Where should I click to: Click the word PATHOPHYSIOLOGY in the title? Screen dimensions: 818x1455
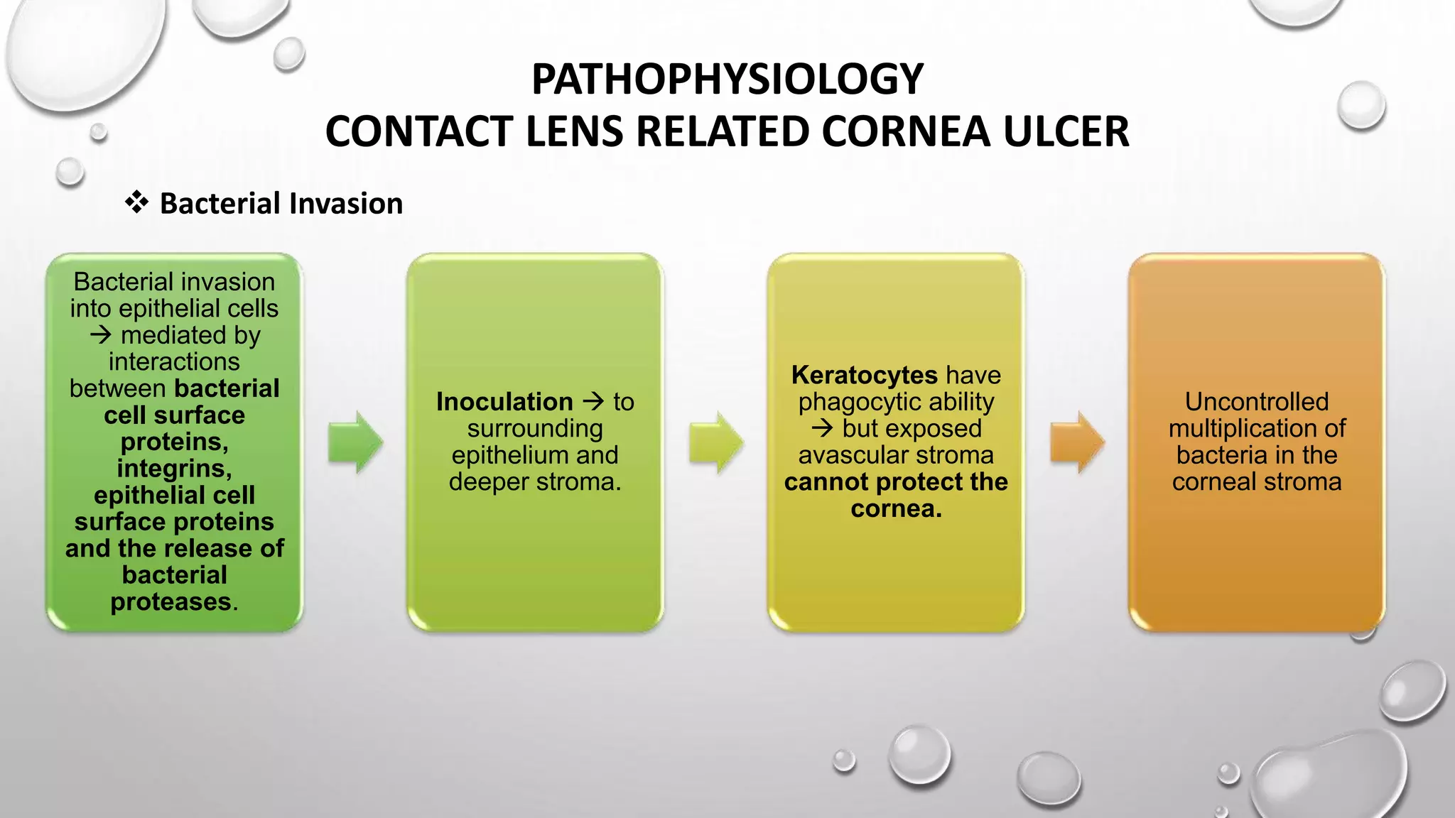coord(727,79)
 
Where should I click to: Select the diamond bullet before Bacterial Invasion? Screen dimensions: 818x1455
coord(136,202)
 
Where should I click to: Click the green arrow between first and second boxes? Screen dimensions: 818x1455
coord(355,442)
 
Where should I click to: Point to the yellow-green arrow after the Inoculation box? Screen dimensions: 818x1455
coord(716,442)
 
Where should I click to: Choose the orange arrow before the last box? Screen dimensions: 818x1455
coord(1077,442)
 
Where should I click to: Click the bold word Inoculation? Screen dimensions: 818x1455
coord(504,402)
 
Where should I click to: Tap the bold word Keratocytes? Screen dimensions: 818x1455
coord(864,375)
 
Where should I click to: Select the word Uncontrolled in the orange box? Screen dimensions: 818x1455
coord(1256,402)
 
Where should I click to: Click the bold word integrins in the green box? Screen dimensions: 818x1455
coord(173,469)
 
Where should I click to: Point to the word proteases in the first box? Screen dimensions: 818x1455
coord(171,602)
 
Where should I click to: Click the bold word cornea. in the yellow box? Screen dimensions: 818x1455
coord(896,508)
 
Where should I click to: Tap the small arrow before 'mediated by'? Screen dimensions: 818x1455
coord(101,334)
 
